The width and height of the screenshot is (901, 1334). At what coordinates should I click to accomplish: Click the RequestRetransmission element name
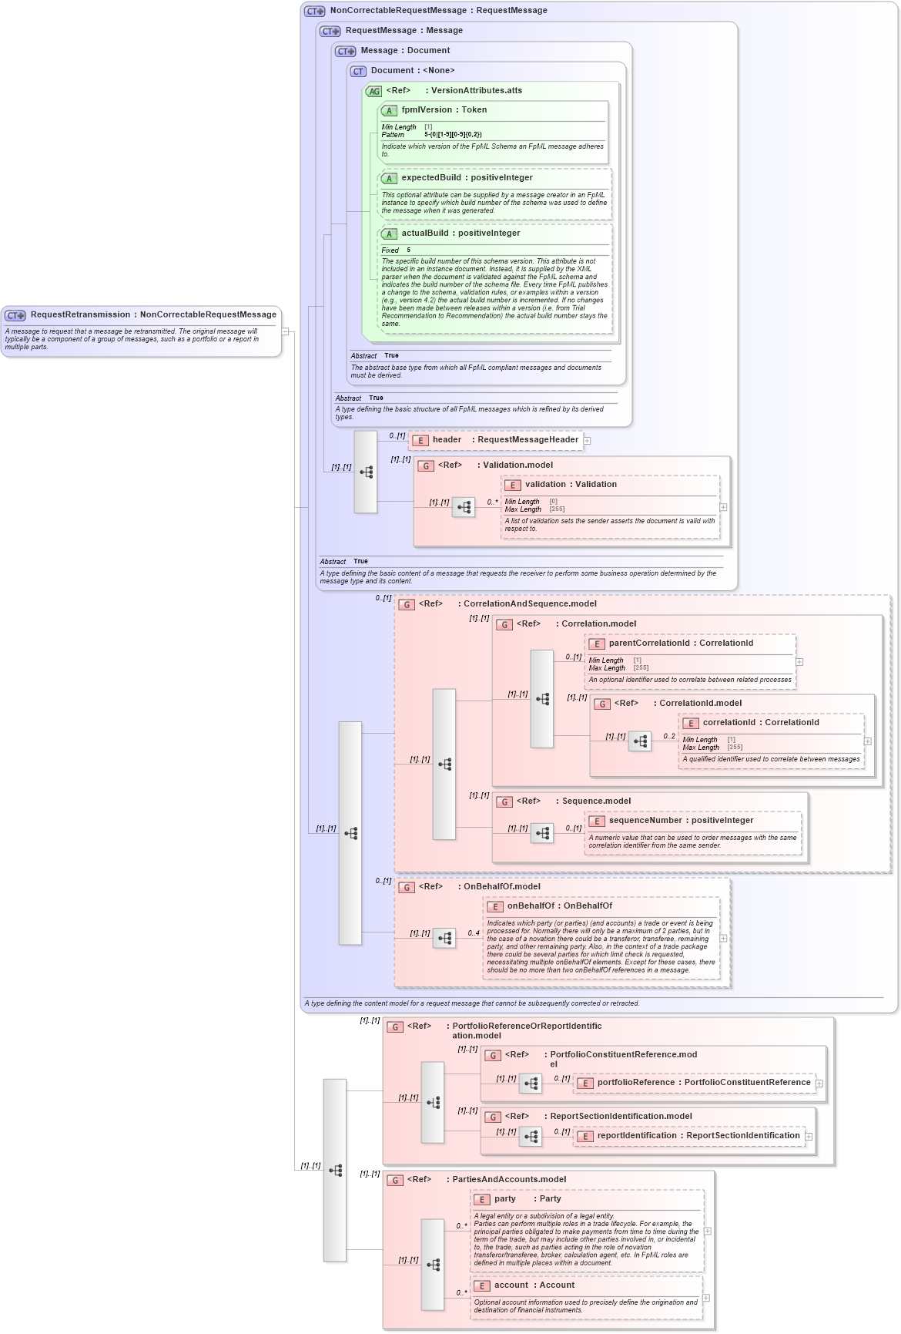tap(80, 314)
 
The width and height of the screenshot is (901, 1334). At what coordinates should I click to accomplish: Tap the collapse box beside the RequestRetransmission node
tap(285, 332)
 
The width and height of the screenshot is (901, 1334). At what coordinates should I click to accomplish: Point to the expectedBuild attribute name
tap(430, 178)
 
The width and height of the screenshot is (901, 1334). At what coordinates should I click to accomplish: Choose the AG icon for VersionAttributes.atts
tap(373, 91)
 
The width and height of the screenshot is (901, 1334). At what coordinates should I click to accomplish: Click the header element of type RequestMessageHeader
tap(447, 440)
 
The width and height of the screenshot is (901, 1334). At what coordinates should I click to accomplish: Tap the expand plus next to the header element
tap(587, 441)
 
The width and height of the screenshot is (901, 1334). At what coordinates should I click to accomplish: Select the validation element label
tap(545, 485)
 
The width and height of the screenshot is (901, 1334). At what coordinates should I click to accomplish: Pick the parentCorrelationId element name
tap(648, 643)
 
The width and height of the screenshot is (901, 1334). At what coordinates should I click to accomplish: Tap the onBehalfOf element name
tap(530, 906)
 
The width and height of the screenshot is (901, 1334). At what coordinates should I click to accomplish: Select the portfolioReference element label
tap(635, 1083)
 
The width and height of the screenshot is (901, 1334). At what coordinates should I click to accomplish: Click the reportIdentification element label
tap(637, 1136)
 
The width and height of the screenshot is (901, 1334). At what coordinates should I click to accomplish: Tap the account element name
tap(511, 1285)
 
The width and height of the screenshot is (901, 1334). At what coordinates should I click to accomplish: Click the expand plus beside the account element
tap(706, 1298)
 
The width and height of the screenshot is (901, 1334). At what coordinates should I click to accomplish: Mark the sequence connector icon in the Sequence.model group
tap(542, 833)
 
